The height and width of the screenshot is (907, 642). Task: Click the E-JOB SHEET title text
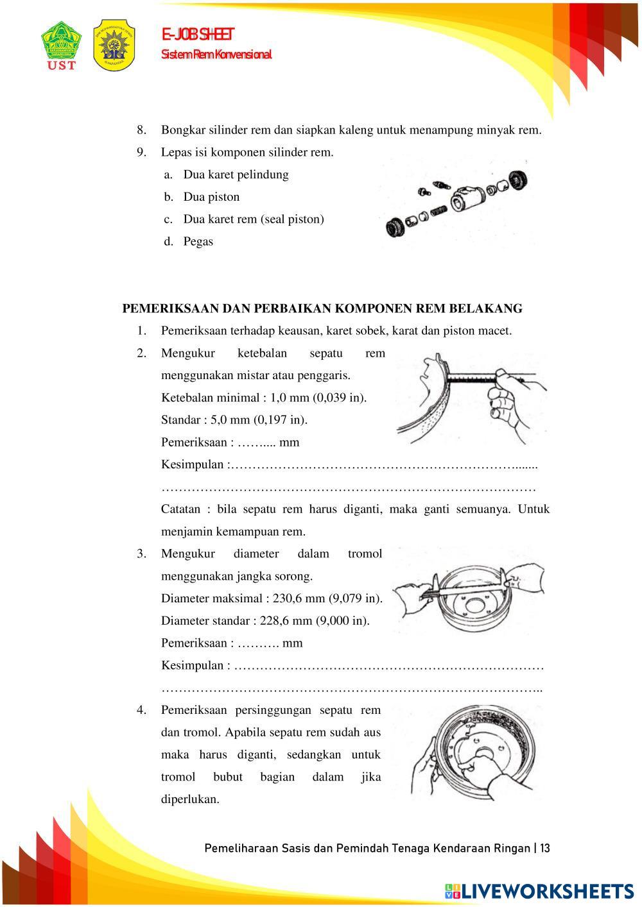[198, 35]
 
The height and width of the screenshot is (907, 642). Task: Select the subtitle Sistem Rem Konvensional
[216, 55]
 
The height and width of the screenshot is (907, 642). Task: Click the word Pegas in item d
[198, 242]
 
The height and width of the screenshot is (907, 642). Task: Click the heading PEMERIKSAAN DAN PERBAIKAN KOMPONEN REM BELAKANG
[322, 309]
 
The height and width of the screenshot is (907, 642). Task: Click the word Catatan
[180, 509]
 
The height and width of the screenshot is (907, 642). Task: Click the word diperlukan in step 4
[190, 799]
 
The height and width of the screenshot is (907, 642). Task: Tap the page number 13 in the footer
[544, 849]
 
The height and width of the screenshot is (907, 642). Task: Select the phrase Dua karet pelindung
[236, 174]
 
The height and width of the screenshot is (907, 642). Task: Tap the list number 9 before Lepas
[141, 152]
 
